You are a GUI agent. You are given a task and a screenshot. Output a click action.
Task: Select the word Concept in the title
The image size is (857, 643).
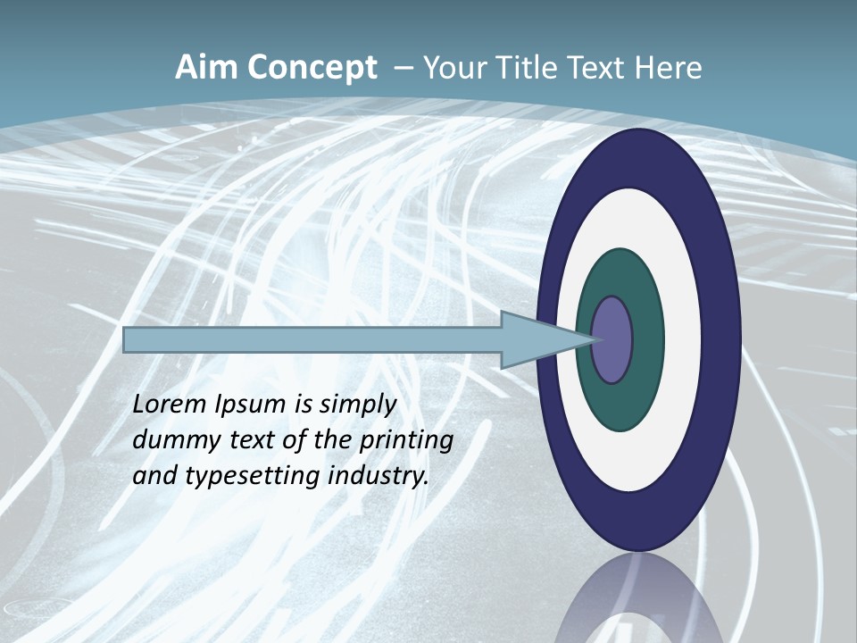point(313,69)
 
